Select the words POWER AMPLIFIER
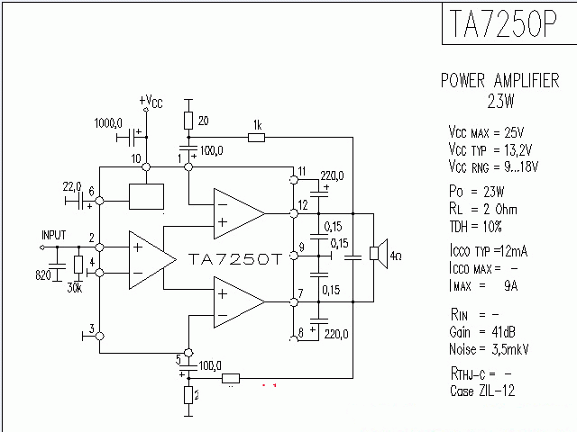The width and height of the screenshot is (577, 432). [x=499, y=81]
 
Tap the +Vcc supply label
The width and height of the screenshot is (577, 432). [x=151, y=101]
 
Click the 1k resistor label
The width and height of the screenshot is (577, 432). [x=257, y=124]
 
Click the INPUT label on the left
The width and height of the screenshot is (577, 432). [x=53, y=235]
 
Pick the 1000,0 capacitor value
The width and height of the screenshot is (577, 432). [x=108, y=121]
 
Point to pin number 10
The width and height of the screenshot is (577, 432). [x=136, y=158]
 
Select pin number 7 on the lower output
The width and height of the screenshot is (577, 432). [x=300, y=292]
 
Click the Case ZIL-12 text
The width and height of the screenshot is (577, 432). [x=482, y=391]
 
